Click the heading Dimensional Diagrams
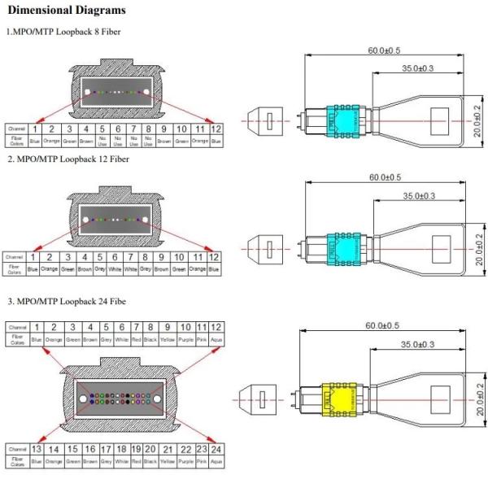pos(67,11)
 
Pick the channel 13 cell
pos(37,449)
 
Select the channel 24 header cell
pos(216,449)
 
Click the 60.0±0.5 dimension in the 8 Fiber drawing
pos(383,50)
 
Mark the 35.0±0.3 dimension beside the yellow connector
pos(417,344)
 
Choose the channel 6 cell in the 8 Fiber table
pos(118,129)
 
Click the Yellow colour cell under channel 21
pos(168,461)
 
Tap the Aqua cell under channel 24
pos(216,461)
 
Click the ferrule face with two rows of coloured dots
pos(115,399)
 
